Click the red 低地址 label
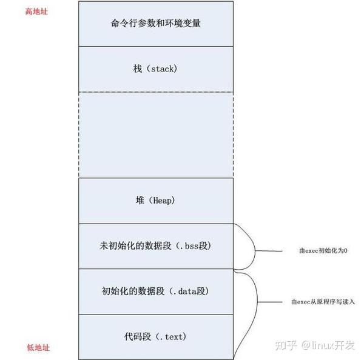pyautogui.click(x=38, y=348)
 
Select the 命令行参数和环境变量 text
pyautogui.click(x=156, y=24)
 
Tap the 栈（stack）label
pyautogui.click(x=156, y=68)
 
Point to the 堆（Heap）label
pyautogui.click(x=156, y=201)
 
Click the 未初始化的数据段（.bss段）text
pyautogui.click(x=156, y=246)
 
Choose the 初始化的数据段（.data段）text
pyautogui.click(x=156, y=291)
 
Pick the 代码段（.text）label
pyautogui.click(x=156, y=336)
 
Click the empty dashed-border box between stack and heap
pyautogui.click(x=156, y=135)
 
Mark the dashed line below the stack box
pyautogui.click(x=156, y=92)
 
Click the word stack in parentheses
pyautogui.click(x=163, y=68)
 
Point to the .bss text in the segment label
pyautogui.click(x=191, y=246)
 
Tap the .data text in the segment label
pyautogui.click(x=188, y=291)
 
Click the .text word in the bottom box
pyautogui.click(x=172, y=336)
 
